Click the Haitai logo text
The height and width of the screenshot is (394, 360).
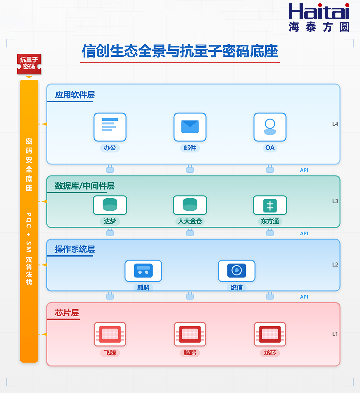coord(319,12)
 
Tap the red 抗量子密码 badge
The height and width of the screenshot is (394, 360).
coord(29,63)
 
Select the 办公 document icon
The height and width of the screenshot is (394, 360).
coord(110,127)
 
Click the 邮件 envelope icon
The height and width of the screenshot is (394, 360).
coord(190,127)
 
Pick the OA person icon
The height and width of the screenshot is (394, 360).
coord(270,127)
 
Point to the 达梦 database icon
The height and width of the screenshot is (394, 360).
coord(110,205)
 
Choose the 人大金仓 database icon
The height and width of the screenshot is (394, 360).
coord(190,205)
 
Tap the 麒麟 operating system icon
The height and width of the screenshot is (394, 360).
coord(143,271)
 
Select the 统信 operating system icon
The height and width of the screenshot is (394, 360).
coord(237,271)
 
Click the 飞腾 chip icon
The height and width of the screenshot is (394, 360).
coord(110,334)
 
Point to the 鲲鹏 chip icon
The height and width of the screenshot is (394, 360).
coord(190,334)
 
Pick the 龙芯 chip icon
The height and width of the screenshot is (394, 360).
coord(270,334)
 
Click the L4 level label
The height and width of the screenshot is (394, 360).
coord(335,124)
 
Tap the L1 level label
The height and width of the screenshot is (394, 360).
coord(335,334)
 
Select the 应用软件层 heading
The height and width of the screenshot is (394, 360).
coord(75,95)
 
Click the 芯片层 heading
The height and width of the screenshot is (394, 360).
coord(67,313)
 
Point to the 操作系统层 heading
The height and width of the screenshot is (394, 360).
coord(75,249)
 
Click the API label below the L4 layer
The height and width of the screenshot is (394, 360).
coord(304,170)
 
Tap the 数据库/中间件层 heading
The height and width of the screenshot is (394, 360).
coord(85,186)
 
